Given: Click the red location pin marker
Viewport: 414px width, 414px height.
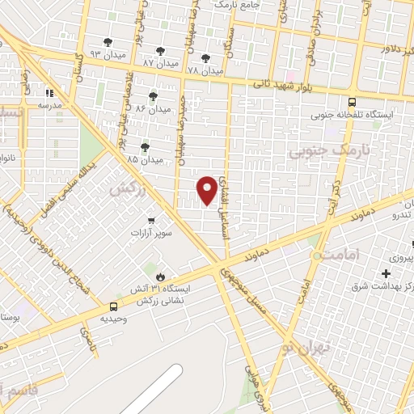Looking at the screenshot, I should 207,190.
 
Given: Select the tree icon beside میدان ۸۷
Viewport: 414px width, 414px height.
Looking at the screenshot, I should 159,51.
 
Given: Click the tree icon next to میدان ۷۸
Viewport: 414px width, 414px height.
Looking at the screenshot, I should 205,58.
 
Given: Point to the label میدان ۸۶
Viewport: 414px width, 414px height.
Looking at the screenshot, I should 153,108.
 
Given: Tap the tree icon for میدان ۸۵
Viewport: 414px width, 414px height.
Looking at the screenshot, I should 145,147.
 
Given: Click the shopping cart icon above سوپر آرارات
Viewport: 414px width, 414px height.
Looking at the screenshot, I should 151,220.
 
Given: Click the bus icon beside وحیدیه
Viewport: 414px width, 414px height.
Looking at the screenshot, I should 113,306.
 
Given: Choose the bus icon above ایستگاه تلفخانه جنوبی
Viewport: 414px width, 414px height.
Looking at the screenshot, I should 351,102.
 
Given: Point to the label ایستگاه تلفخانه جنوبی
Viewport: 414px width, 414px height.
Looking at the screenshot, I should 357,115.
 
